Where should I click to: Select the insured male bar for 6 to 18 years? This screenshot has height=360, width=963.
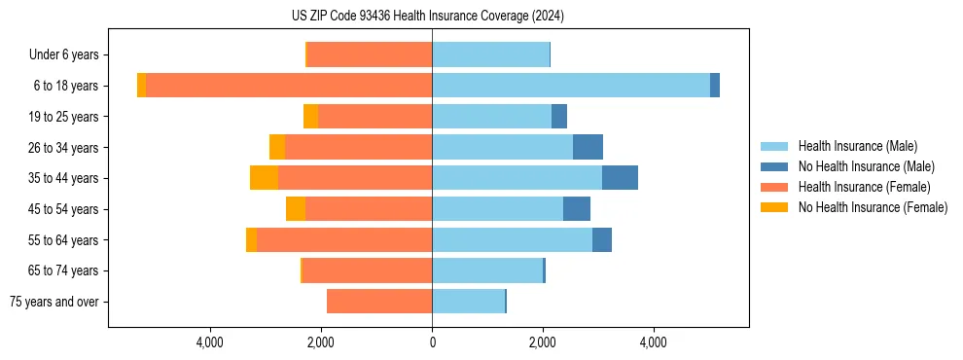(570, 86)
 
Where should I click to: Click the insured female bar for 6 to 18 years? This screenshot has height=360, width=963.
(289, 86)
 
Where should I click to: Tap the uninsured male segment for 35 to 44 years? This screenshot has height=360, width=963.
(620, 178)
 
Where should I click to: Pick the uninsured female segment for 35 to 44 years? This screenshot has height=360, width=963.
(264, 178)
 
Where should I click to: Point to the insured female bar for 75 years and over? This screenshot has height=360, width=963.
(379, 302)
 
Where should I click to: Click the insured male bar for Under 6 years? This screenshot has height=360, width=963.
(490, 54)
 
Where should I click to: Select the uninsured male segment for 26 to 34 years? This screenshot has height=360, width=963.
(588, 147)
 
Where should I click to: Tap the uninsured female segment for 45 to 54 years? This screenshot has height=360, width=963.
(296, 209)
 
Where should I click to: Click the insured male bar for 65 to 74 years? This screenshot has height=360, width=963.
(487, 270)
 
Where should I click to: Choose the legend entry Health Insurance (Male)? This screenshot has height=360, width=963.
(857, 146)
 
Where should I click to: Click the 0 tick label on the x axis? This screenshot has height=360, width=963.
(432, 342)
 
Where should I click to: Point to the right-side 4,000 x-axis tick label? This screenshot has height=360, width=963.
(653, 342)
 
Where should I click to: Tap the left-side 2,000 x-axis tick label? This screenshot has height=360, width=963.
(321, 342)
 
